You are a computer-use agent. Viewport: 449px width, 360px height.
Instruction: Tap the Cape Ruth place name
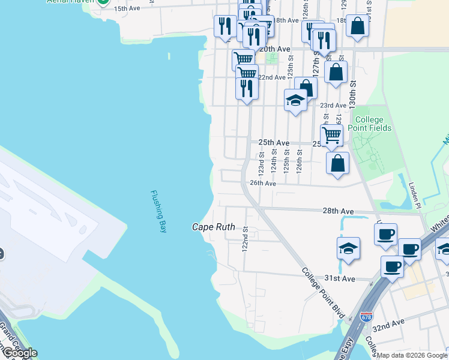(213, 227)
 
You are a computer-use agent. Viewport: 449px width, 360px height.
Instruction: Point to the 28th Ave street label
(338, 212)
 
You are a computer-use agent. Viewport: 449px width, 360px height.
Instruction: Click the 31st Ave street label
(340, 278)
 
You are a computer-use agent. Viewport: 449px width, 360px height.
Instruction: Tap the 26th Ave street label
(262, 183)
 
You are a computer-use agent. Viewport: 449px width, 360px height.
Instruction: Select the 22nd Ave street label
(271, 77)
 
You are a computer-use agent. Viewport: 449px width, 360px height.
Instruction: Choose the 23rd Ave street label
(333, 105)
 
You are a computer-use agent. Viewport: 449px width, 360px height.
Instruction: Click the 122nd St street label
(245, 239)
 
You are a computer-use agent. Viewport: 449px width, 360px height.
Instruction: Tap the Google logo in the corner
(20, 353)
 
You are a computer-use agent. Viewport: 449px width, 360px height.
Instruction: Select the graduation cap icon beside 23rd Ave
(295, 100)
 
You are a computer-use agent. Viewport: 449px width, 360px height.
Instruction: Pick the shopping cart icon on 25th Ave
(331, 134)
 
